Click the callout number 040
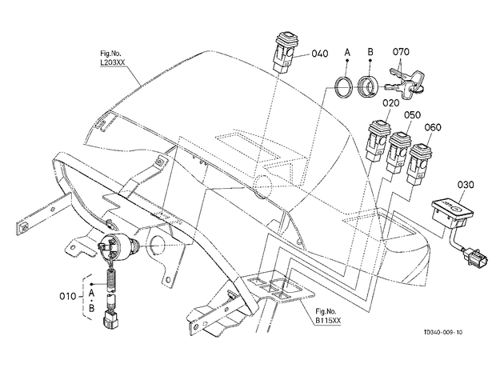pos(320,54)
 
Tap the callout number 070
pos(401,52)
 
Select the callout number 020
pos(390,103)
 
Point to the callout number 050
pos(412,114)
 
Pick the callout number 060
pos(433,127)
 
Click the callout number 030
pos(466,185)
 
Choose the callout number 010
pos(68,296)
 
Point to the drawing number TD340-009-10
pos(443,332)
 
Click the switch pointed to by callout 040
pos(284,52)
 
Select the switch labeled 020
pos(379,140)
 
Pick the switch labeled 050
pos(399,152)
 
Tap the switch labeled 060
pos(419,164)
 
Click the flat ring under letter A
pos(344,86)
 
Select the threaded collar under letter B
pos(367,86)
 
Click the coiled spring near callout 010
pos(111,280)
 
